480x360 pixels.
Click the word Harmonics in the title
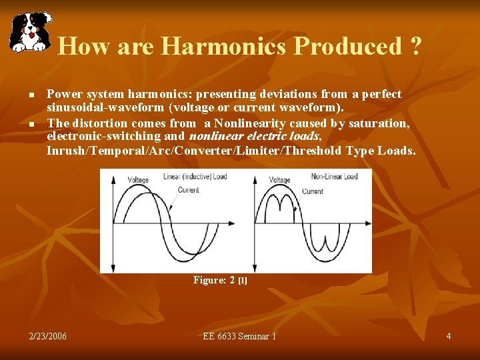[x=224, y=46]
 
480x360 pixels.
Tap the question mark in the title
[x=416, y=46]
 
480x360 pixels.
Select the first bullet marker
[x=31, y=95]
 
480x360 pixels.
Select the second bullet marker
[x=31, y=124]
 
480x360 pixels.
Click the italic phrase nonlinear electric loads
[x=250, y=136]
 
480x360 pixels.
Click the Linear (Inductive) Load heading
[x=195, y=177]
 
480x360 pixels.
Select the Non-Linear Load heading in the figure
[x=334, y=177]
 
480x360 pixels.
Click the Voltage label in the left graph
[x=138, y=179]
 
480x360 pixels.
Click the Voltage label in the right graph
[x=279, y=180]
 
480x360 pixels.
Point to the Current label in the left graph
[x=188, y=190]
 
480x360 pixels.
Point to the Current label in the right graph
[x=313, y=191]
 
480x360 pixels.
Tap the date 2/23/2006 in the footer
[x=48, y=336]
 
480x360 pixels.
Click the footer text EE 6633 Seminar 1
[x=239, y=336]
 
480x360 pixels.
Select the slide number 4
[x=449, y=336]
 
